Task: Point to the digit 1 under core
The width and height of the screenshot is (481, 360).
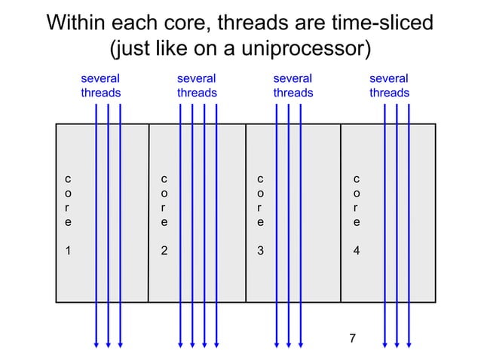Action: tap(68, 252)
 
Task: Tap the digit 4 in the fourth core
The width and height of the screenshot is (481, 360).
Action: tap(357, 252)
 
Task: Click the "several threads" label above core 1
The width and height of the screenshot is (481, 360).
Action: tap(100, 85)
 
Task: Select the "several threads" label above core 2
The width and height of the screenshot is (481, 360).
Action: tap(196, 85)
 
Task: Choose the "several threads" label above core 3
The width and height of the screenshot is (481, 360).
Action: tap(293, 85)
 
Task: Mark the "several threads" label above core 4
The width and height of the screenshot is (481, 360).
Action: tap(389, 85)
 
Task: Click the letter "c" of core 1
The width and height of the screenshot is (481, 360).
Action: tap(68, 179)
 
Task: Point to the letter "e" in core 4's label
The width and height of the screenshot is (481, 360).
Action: tap(357, 223)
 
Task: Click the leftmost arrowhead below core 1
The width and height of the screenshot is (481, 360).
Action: tap(97, 344)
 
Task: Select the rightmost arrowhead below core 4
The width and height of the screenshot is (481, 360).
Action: tap(409, 344)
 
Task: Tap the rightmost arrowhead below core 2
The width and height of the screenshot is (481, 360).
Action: tap(217, 344)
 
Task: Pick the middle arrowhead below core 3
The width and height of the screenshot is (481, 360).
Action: tap(289, 344)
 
